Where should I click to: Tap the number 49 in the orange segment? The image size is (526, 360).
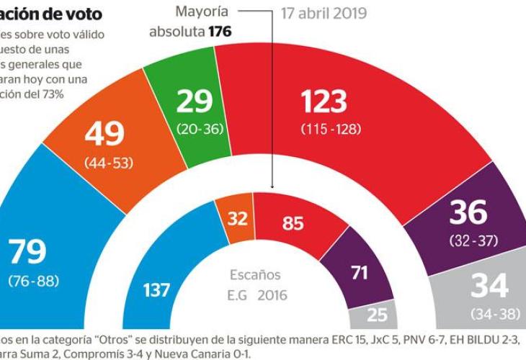104,135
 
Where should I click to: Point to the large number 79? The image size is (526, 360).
27,252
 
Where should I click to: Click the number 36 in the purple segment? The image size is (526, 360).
469,213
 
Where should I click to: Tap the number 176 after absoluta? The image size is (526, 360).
222,32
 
